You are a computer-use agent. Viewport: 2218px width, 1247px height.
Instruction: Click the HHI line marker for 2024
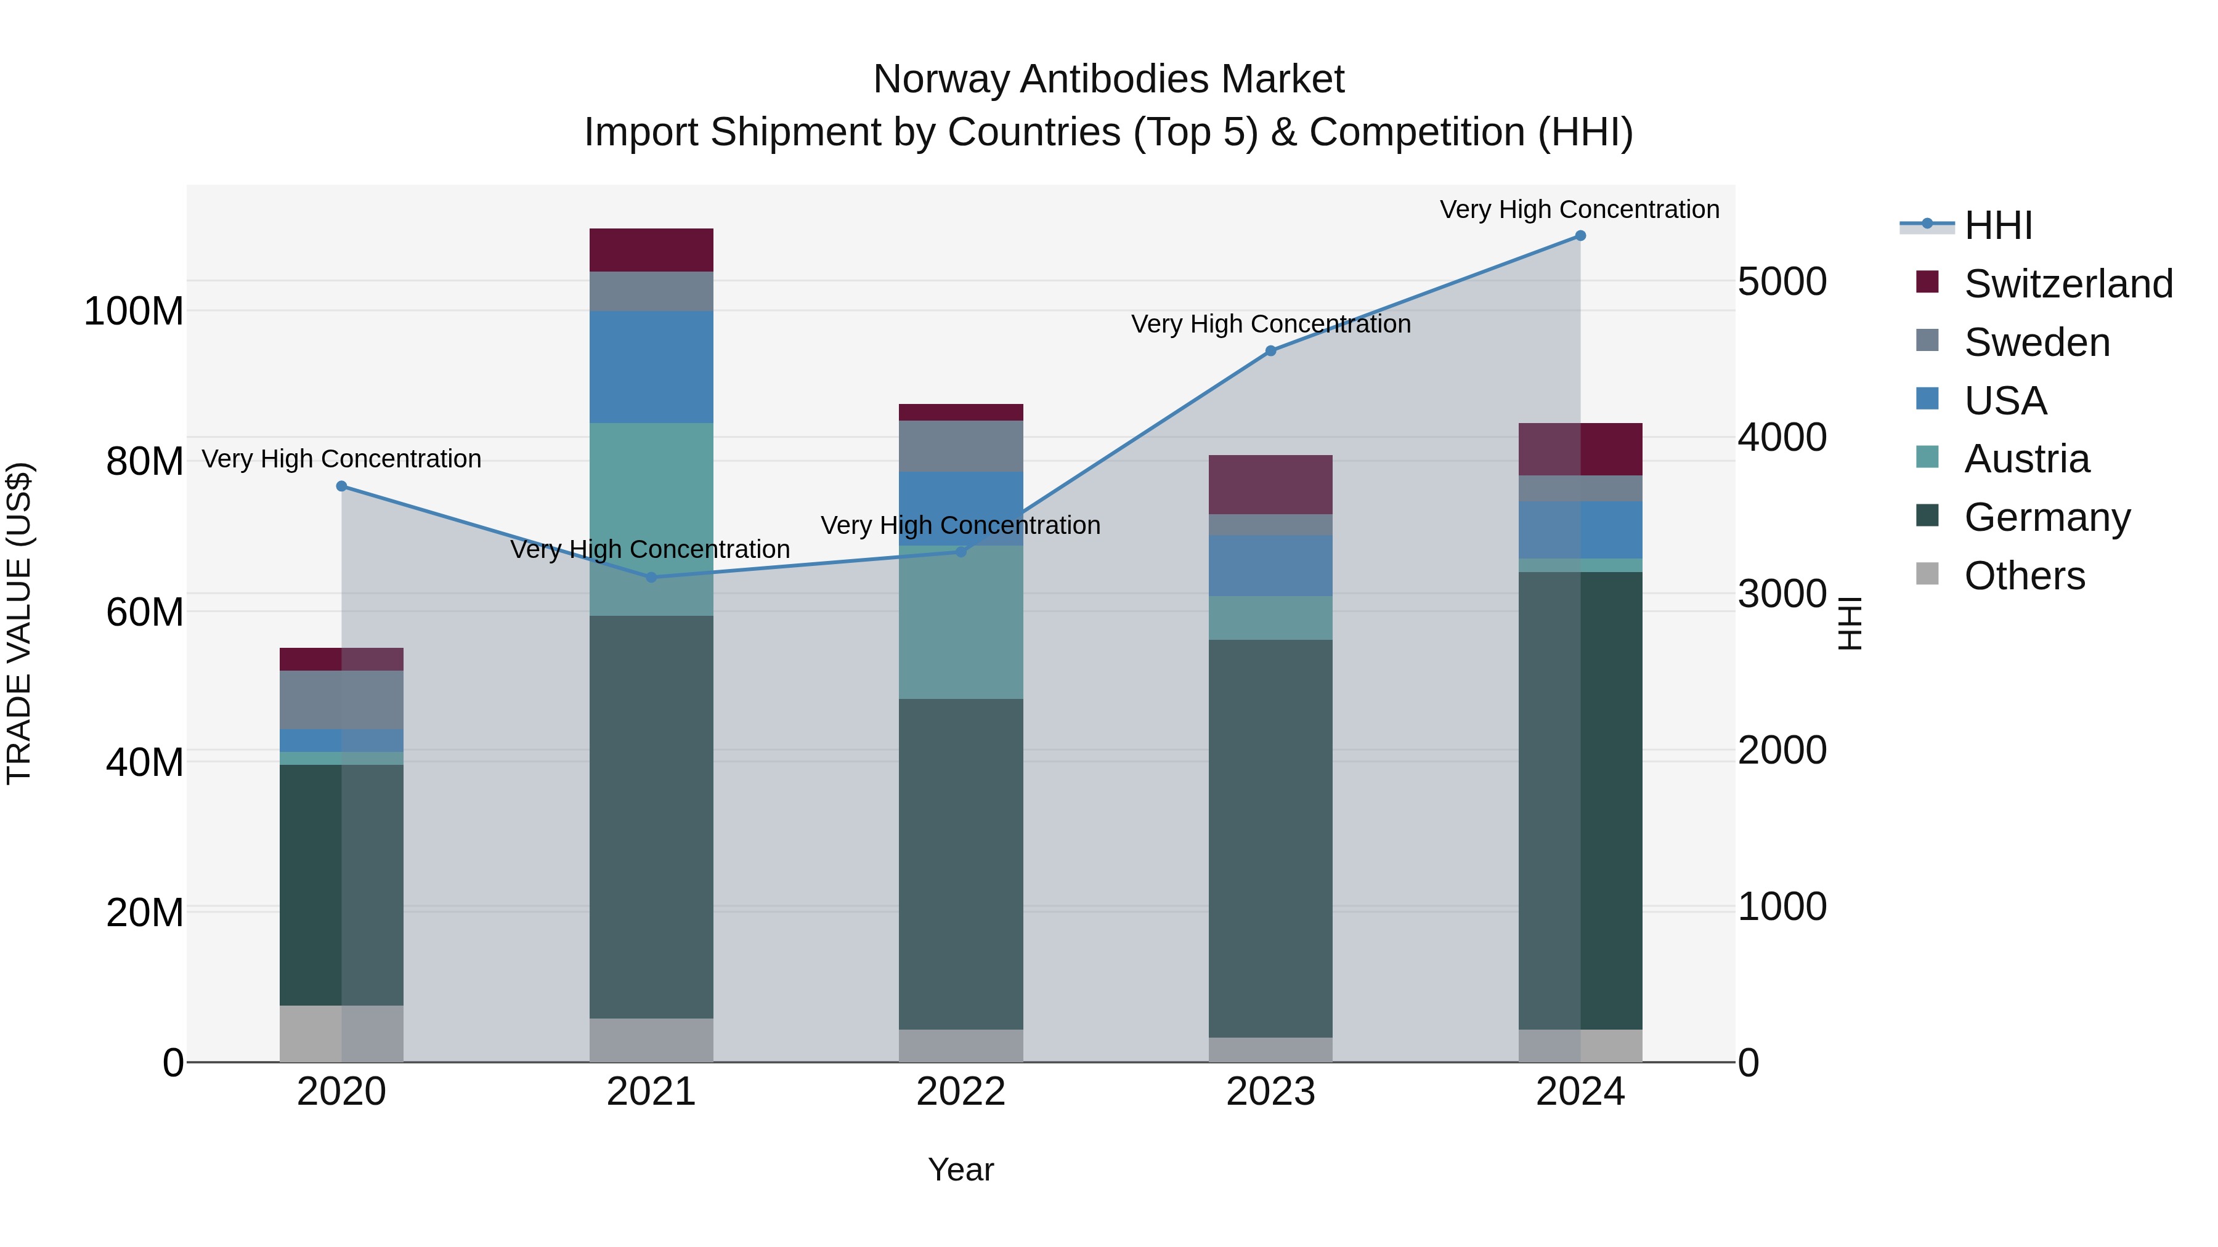coord(1580,235)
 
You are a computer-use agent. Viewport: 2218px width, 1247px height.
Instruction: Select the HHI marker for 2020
coord(342,486)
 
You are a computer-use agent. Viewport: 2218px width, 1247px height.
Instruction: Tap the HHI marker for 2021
coord(651,578)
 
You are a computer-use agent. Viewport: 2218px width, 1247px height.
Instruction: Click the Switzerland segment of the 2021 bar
coord(651,251)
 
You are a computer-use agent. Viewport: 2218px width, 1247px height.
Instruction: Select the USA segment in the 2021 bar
coord(651,366)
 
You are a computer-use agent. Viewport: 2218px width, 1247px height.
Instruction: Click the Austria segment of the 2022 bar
coord(961,622)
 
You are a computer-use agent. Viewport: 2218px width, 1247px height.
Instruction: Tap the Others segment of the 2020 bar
coord(342,1033)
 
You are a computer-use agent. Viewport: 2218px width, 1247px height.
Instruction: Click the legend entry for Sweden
coord(2036,342)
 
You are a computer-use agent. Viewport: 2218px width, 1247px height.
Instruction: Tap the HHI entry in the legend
coord(1997,225)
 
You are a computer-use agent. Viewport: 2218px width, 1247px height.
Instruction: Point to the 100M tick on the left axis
coord(134,311)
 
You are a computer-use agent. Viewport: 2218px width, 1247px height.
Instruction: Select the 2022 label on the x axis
coord(961,1092)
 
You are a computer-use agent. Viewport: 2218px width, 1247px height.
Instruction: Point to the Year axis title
coord(961,1169)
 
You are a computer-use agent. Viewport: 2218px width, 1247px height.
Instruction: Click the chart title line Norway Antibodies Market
coord(1108,79)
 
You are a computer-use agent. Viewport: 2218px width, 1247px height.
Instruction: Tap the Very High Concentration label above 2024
coord(1579,209)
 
